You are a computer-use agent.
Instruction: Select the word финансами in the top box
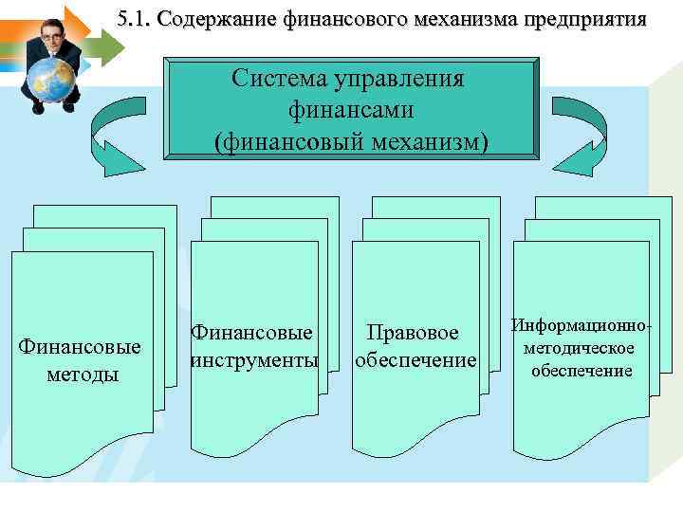pos(351,110)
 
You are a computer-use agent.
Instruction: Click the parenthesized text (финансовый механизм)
pos(351,141)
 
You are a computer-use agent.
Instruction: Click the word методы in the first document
pos(83,374)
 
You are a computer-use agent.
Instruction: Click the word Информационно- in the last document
pos(581,326)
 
